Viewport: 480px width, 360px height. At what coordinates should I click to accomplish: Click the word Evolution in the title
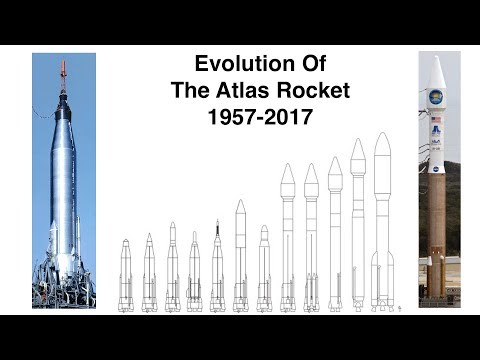click(x=227, y=65)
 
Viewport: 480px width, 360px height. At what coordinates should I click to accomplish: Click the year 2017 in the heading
click(x=286, y=116)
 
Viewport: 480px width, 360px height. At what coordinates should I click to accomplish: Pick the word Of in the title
click(x=299, y=65)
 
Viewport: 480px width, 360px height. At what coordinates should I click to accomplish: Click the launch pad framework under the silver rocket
click(x=62, y=285)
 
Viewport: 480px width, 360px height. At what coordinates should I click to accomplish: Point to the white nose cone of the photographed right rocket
click(x=437, y=75)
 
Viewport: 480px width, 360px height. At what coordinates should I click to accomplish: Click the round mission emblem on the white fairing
click(x=437, y=100)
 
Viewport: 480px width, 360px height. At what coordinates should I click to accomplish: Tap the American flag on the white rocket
click(x=437, y=121)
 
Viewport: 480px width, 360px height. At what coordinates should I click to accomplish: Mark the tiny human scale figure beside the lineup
click(x=399, y=309)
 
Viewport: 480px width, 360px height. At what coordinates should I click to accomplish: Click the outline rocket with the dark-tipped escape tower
click(x=217, y=265)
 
